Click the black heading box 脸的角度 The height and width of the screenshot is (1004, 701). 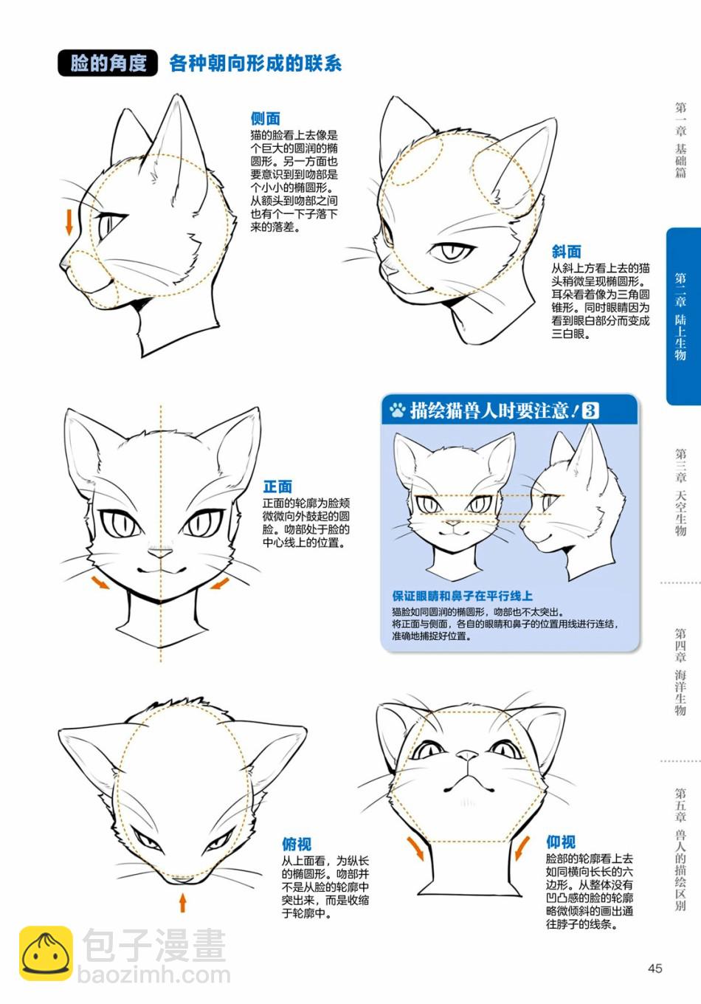click(x=108, y=63)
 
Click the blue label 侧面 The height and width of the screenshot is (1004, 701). click(x=265, y=118)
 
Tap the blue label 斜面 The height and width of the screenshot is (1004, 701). click(x=566, y=252)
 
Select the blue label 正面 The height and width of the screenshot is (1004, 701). click(x=277, y=486)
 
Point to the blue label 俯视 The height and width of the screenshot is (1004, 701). click(x=297, y=844)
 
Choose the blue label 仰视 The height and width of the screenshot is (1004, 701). click(x=560, y=842)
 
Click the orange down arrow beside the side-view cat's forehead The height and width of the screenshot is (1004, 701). click(x=69, y=222)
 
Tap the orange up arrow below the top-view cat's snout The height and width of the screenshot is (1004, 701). click(x=182, y=902)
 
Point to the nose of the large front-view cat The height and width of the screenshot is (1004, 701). click(x=159, y=554)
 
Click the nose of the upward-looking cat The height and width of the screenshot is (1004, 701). click(x=467, y=756)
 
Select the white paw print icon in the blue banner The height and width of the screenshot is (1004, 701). click(x=397, y=409)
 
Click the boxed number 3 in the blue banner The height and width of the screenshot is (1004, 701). click(x=590, y=410)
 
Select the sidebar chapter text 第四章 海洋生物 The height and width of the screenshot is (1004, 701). click(x=680, y=672)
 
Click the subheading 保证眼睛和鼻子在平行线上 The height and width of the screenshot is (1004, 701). click(x=462, y=596)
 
